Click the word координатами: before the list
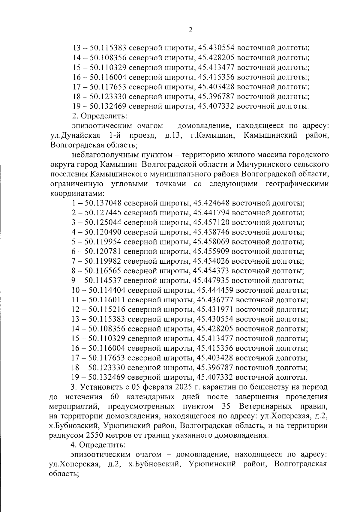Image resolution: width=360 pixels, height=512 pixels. click(x=77, y=193)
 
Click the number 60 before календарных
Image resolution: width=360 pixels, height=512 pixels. click(x=115, y=397)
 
